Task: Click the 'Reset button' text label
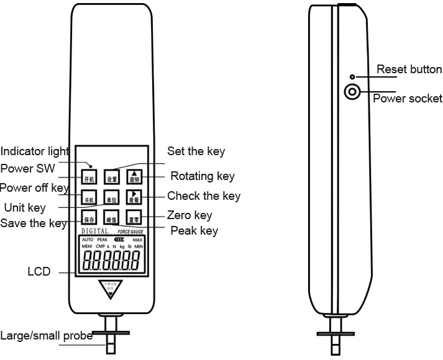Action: tap(409, 69)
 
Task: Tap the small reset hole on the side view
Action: tap(352, 77)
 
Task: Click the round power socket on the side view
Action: tap(352, 93)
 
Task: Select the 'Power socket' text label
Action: tap(407, 99)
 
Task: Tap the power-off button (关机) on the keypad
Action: tap(89, 198)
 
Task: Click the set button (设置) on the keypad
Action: tap(111, 178)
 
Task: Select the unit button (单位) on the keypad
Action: tap(111, 198)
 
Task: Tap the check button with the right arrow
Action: tap(134, 198)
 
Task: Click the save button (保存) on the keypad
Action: tap(89, 218)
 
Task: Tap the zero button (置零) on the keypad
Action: tap(134, 218)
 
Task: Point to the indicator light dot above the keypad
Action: tap(90, 166)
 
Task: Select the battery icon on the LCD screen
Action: tap(119, 239)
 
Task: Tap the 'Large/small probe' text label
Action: tap(46, 336)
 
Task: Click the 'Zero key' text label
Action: tap(190, 215)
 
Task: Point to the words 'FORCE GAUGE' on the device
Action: tap(130, 231)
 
